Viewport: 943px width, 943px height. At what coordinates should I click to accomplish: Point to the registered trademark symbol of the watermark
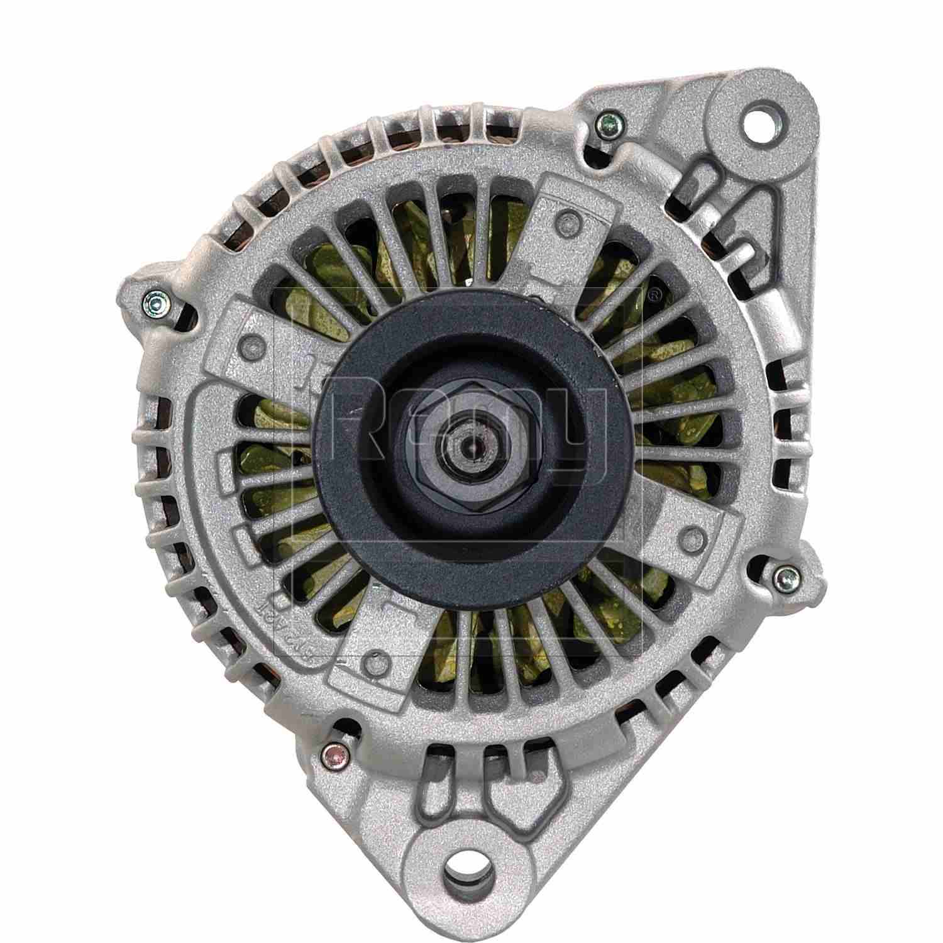click(654, 292)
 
